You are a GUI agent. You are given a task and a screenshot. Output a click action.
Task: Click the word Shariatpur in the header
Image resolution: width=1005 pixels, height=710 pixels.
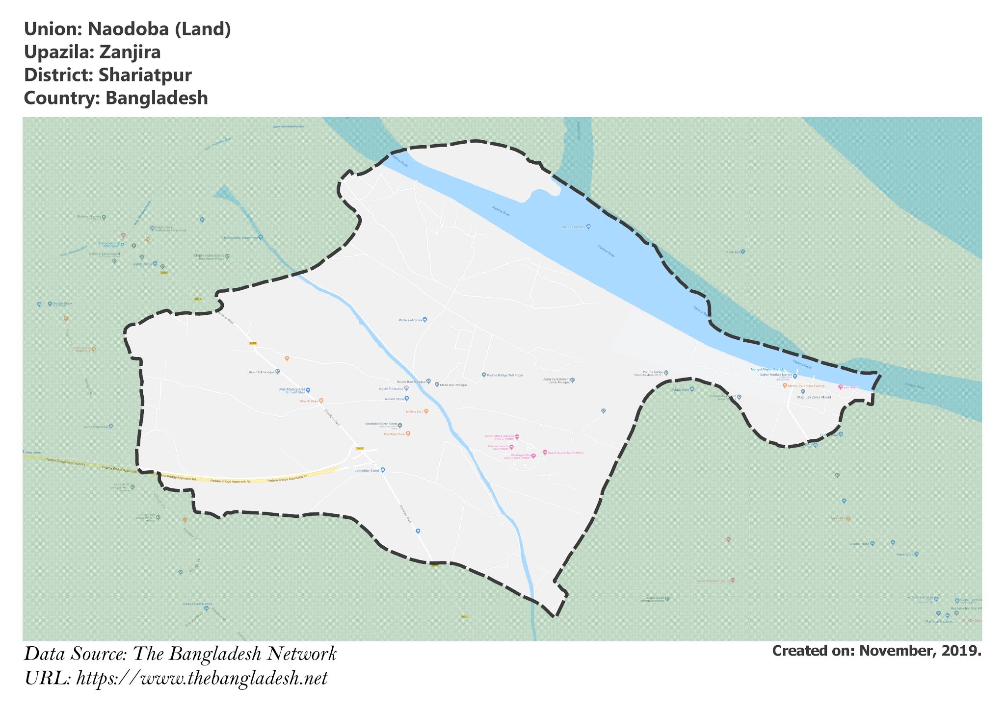145,75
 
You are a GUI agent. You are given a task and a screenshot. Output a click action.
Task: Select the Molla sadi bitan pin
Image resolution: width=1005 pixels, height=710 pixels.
425,320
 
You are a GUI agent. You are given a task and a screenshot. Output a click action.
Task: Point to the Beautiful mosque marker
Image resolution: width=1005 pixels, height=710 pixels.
277,372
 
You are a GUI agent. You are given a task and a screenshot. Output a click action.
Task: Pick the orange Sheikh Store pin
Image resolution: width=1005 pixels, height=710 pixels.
321,401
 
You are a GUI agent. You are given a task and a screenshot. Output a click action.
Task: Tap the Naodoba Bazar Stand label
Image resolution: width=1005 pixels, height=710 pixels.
381,424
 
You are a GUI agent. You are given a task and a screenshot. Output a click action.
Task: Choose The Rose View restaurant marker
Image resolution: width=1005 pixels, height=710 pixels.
408,434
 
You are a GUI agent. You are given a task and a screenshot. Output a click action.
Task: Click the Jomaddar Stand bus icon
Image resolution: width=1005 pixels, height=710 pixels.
383,470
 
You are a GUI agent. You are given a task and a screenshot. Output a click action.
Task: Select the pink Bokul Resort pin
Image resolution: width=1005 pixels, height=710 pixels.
545,452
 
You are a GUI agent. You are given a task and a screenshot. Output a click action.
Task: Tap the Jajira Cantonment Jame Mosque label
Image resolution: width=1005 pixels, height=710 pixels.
556,380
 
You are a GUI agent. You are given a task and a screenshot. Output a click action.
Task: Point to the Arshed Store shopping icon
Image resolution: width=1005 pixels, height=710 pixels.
407,399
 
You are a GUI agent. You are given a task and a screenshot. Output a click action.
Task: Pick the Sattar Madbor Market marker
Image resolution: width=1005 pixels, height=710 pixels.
795,377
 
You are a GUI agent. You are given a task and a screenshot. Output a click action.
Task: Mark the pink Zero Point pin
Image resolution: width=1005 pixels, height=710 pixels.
840,387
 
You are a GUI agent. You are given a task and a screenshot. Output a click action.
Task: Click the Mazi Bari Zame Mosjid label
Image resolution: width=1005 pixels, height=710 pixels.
814,397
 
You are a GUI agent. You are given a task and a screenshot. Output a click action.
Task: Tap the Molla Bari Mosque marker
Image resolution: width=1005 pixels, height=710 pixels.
437,385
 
